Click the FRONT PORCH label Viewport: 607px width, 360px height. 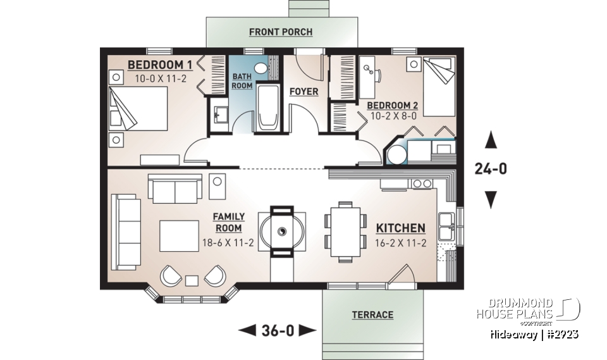coord(280,32)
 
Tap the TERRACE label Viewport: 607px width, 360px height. coord(372,314)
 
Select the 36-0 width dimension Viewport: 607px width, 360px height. coord(278,330)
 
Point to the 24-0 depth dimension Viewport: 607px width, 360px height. coord(490,169)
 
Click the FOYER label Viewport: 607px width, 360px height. coord(303,92)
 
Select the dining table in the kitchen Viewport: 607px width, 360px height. coord(345,232)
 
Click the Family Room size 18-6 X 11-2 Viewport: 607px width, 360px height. coord(228,243)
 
